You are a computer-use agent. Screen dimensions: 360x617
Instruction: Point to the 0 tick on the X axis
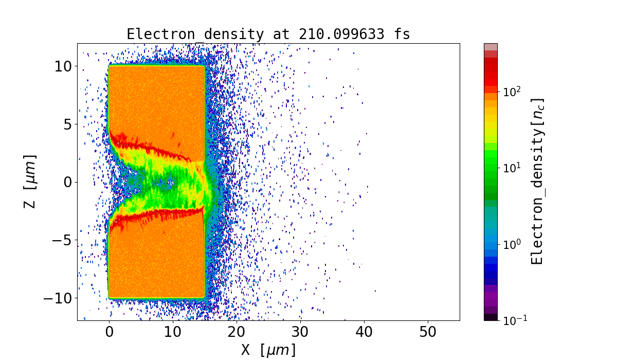(x=109, y=332)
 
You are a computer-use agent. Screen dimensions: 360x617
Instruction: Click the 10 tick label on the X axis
(x=173, y=332)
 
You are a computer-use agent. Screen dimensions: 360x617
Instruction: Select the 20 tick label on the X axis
(x=237, y=332)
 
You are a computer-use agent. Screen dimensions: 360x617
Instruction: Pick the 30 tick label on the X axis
(x=300, y=332)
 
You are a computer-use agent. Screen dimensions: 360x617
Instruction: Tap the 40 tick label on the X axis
(x=364, y=332)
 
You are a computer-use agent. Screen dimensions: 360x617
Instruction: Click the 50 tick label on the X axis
(x=428, y=332)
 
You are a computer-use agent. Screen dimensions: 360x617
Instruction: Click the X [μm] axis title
(x=268, y=350)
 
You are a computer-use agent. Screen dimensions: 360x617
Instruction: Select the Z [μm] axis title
(x=31, y=182)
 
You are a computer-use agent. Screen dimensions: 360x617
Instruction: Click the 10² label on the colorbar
(x=511, y=91)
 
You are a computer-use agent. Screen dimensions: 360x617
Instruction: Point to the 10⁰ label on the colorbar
(x=511, y=244)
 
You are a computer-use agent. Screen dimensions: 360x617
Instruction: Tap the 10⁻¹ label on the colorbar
(x=513, y=319)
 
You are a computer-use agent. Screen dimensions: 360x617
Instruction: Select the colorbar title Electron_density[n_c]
(x=537, y=182)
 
